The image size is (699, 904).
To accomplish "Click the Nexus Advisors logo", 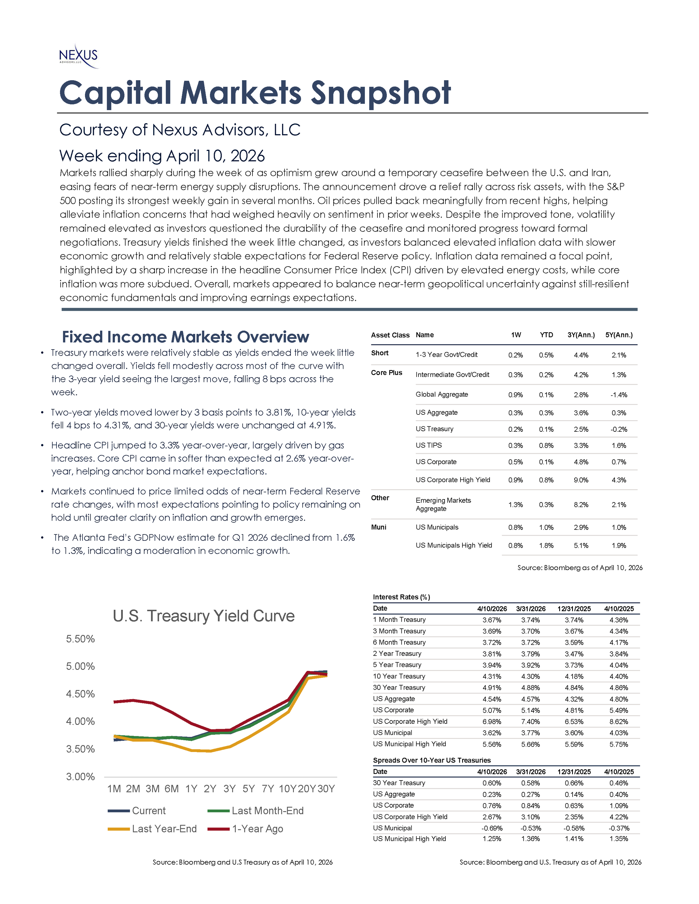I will pyautogui.click(x=79, y=56).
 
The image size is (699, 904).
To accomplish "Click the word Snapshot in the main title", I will pyautogui.click(x=380, y=93).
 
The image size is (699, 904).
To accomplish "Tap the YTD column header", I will pyautogui.click(x=546, y=335).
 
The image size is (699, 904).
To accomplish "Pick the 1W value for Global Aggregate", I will pyautogui.click(x=516, y=395).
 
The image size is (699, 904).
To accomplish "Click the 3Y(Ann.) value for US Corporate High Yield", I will pyautogui.click(x=581, y=480).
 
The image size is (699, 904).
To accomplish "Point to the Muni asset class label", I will pyautogui.click(x=379, y=527).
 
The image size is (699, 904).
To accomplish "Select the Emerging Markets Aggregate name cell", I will pyautogui.click(x=443, y=505).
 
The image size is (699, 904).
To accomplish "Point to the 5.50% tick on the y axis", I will pyautogui.click(x=80, y=639).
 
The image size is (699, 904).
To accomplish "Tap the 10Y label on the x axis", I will pyautogui.click(x=287, y=789).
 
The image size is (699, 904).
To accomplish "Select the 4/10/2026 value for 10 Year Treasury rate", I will pyautogui.click(x=492, y=676).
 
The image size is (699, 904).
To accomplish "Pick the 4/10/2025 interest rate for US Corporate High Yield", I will pyautogui.click(x=619, y=722).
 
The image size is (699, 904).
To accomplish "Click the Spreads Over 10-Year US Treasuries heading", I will pyautogui.click(x=431, y=760).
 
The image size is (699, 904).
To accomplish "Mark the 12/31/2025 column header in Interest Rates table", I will pyautogui.click(x=574, y=609).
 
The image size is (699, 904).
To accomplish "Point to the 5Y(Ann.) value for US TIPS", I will pyautogui.click(x=619, y=446).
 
